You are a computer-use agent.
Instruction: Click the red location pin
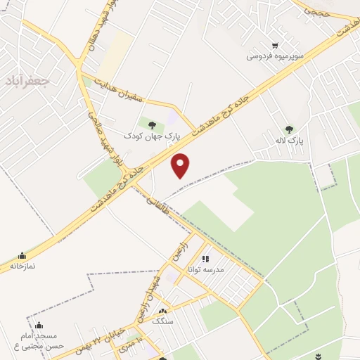(181, 165)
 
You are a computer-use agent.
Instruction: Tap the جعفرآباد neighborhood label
(26, 81)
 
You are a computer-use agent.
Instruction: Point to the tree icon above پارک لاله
(289, 129)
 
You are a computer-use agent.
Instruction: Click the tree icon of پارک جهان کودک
(152, 125)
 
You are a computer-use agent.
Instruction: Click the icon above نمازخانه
(24, 256)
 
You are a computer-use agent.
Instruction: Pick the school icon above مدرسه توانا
(206, 259)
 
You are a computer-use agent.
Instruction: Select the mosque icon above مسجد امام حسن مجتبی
(39, 326)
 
